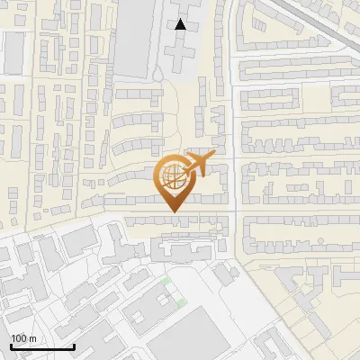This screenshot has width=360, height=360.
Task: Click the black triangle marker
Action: pos(181,24)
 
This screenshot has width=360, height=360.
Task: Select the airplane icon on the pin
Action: pos(199,165)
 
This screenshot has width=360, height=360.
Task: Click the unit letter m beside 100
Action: pos(33,338)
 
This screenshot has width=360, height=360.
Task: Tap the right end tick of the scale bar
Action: pos(73,345)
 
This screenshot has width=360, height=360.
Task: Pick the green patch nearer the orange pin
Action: pos(165,281)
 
